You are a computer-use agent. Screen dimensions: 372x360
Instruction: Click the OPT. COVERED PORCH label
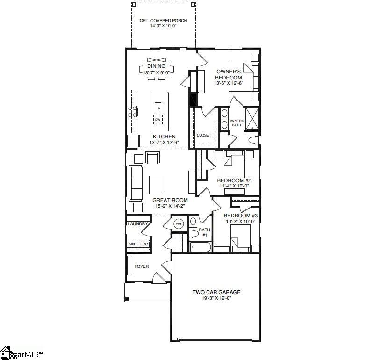click(163, 21)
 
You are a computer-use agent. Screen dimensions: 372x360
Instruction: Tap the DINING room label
click(156, 66)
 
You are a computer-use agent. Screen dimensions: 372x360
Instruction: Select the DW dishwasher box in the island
click(158, 120)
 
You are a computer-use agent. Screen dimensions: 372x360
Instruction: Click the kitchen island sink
click(158, 108)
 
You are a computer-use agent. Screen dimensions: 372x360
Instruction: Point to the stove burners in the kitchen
click(132, 112)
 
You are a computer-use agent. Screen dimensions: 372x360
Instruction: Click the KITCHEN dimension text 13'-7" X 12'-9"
click(164, 143)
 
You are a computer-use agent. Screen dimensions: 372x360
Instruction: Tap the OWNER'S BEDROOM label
click(229, 74)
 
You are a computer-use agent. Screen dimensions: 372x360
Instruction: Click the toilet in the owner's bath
click(254, 140)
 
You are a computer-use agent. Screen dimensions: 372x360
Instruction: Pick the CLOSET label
click(204, 135)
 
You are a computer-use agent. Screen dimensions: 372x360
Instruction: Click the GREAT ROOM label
click(170, 200)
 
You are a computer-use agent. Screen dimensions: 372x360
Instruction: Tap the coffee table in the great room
click(155, 185)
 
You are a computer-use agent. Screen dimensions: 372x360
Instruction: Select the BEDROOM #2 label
click(234, 180)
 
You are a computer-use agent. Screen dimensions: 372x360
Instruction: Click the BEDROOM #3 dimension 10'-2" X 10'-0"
click(240, 222)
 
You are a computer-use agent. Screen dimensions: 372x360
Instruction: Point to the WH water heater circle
click(179, 224)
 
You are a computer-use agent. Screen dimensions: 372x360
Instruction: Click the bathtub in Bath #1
click(200, 247)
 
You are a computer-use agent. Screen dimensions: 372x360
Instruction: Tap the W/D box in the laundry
click(133, 244)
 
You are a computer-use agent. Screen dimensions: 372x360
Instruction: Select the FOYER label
click(142, 266)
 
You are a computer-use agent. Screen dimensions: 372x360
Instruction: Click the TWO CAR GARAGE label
click(216, 292)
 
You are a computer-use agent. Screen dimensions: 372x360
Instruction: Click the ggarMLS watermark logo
click(21, 354)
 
